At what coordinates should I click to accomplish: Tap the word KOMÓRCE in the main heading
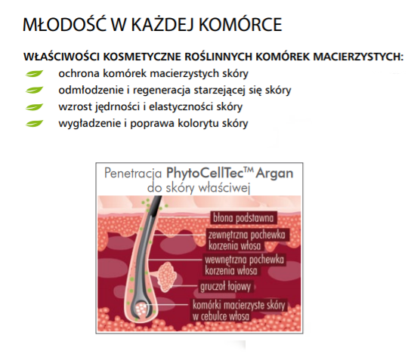(240, 25)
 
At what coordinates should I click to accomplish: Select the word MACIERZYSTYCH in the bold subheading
(358, 57)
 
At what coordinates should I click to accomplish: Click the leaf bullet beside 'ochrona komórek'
(34, 73)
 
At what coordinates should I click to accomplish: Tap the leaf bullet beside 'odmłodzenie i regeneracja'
(34, 90)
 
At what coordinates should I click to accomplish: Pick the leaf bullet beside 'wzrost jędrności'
(34, 107)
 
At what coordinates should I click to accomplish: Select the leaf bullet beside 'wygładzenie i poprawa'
(34, 123)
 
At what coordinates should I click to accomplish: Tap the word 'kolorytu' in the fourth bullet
(199, 123)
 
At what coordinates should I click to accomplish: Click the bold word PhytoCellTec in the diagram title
(206, 174)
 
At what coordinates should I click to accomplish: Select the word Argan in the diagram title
(274, 174)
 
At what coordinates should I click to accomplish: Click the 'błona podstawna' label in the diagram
(243, 218)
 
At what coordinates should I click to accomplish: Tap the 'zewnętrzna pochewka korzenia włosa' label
(247, 240)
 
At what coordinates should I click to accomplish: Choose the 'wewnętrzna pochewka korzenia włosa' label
(244, 265)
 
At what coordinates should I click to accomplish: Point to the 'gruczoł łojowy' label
(226, 286)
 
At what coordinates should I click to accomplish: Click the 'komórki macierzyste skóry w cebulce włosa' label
(239, 310)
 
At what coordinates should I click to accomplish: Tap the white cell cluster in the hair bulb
(141, 309)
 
